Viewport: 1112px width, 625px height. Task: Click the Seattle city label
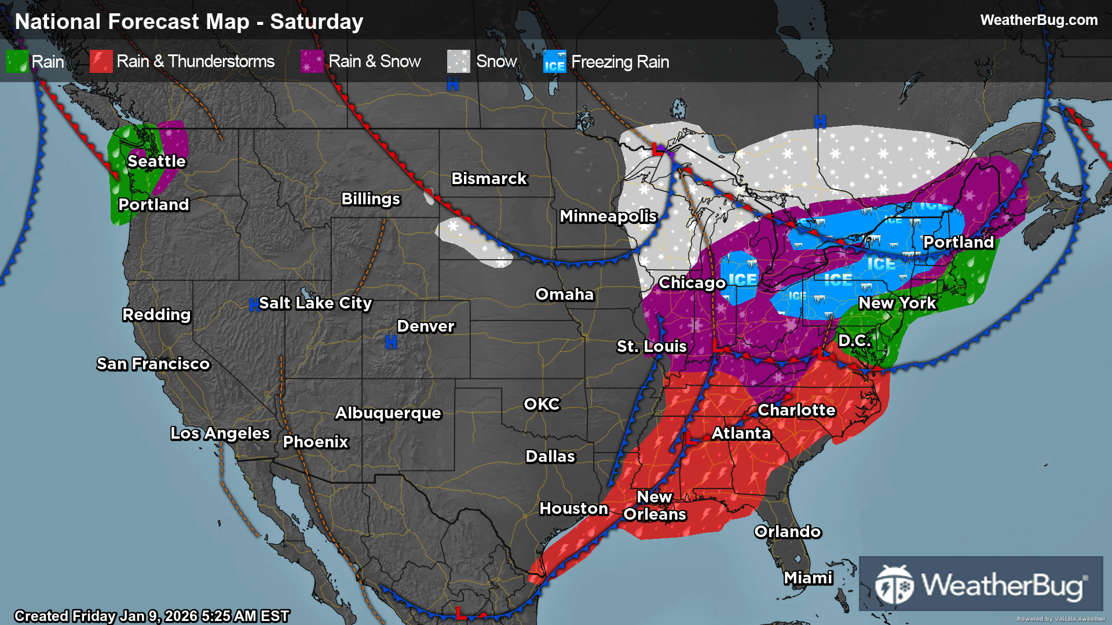(x=156, y=161)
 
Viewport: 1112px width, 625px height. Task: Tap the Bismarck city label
(x=489, y=179)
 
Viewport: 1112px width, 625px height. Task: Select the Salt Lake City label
(x=315, y=303)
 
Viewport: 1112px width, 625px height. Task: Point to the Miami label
(x=808, y=578)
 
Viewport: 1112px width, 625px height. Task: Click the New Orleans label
(x=654, y=506)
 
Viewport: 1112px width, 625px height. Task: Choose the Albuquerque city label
(x=388, y=413)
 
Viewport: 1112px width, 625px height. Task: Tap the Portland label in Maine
(x=958, y=242)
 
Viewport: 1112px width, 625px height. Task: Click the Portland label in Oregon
(x=153, y=205)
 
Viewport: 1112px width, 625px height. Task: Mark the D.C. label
(x=854, y=341)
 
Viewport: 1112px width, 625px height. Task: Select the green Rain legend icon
(x=17, y=61)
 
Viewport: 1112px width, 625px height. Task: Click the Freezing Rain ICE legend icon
(x=554, y=61)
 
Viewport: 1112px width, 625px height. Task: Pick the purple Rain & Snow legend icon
(x=312, y=61)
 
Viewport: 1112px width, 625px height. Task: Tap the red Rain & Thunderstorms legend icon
(x=101, y=61)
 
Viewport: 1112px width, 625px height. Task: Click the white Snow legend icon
(x=458, y=61)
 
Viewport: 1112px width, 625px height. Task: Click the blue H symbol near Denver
(x=391, y=343)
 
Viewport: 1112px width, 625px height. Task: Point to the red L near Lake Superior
(x=657, y=150)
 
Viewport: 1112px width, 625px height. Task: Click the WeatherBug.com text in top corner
(x=1038, y=20)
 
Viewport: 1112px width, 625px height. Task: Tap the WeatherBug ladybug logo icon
(x=894, y=585)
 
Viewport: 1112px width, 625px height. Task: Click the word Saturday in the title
(x=316, y=22)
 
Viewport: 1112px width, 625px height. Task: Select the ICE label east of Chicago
(x=742, y=280)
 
